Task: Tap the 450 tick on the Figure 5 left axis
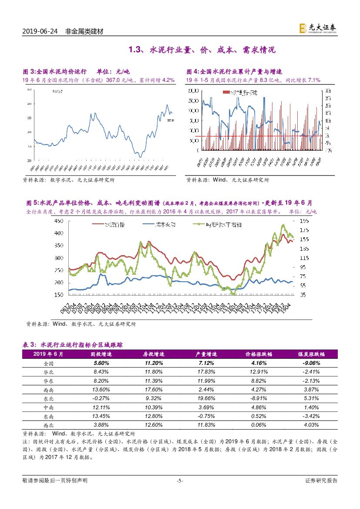pos(58,221)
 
